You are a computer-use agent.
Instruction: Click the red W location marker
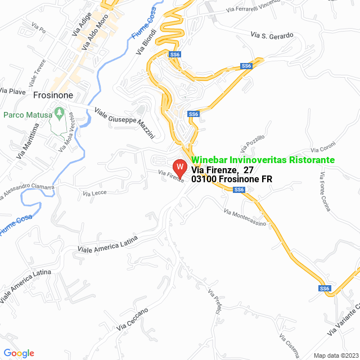(179, 168)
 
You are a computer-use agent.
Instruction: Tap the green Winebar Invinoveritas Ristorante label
(263, 160)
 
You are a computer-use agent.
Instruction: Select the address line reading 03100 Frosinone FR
(232, 179)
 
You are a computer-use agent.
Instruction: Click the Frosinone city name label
(53, 96)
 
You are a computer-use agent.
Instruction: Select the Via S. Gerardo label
(273, 35)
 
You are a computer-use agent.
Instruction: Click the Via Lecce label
(94, 193)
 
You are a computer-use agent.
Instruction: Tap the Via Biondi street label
(145, 43)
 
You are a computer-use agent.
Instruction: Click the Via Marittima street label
(28, 140)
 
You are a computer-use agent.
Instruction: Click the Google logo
(19, 353)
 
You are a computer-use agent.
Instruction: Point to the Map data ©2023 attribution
(335, 355)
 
